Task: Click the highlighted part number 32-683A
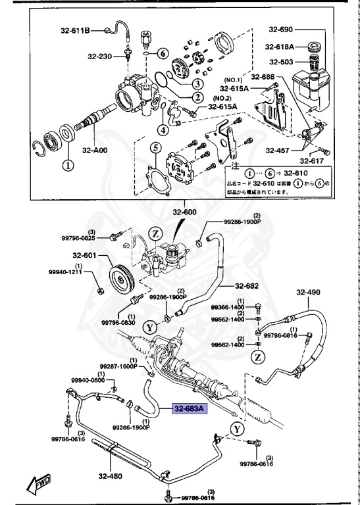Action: (190, 409)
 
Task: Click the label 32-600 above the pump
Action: (185, 212)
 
